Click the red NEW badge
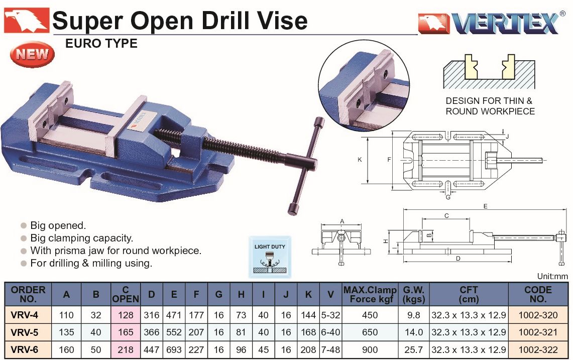coord(32,54)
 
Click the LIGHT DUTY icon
coord(270,257)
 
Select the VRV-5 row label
coord(25,332)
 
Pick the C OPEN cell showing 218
coord(126,350)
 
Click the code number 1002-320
coord(538,315)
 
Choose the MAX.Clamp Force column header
coord(370,294)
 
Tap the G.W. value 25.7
coord(413,350)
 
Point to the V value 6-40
coord(331,332)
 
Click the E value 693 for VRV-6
coord(174,350)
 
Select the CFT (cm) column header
coord(469,294)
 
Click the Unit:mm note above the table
coord(552,276)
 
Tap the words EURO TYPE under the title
coord(101,44)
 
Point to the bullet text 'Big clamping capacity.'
coord(81,238)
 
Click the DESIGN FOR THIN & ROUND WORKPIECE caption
coord(490,106)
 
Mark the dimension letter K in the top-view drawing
coord(360,159)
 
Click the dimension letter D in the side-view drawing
coord(459,259)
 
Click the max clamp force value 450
coord(370,315)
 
